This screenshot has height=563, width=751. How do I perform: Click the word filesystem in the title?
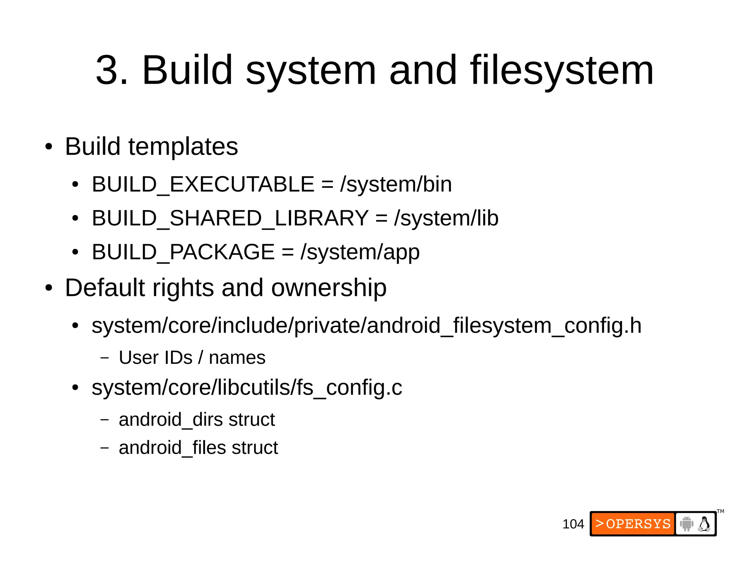click(x=562, y=70)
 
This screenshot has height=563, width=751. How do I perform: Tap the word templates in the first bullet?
click(x=183, y=146)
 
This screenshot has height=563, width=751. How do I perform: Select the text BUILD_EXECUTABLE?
click(x=203, y=184)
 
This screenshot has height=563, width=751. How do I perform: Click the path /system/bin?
click(x=396, y=184)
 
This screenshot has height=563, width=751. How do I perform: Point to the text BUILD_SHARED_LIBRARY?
click(x=230, y=218)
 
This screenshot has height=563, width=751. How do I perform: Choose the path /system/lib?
click(x=446, y=218)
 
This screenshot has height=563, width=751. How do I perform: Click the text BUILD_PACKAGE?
click(x=183, y=252)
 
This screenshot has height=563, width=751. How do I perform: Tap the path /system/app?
click(x=360, y=252)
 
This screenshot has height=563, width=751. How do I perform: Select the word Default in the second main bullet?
click(x=105, y=288)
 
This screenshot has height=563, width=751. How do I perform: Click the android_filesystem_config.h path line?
click(x=366, y=326)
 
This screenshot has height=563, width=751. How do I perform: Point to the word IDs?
click(x=179, y=358)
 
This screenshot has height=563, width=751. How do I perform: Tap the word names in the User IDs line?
click(x=237, y=358)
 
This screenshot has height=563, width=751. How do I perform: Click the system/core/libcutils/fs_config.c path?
click(x=247, y=388)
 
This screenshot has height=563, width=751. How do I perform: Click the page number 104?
click(x=573, y=524)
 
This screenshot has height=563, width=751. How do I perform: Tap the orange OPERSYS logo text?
click(x=633, y=524)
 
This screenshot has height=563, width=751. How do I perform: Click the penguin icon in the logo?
click(x=704, y=524)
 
